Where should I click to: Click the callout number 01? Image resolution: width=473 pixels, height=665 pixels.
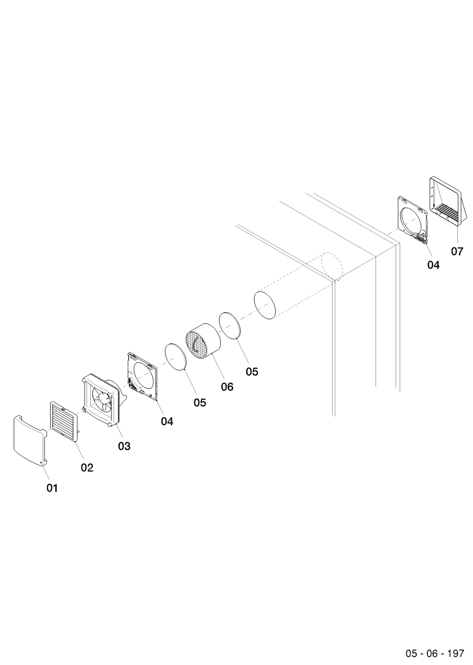pyautogui.click(x=52, y=488)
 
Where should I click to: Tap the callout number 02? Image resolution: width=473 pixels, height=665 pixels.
pyautogui.click(x=87, y=468)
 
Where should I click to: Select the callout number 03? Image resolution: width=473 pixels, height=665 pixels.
pyautogui.click(x=124, y=446)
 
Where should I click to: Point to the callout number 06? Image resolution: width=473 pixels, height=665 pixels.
pyautogui.click(x=227, y=386)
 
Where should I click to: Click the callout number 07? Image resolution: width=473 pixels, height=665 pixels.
pyautogui.click(x=457, y=252)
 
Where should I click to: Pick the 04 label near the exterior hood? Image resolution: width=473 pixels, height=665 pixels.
pyautogui.click(x=434, y=265)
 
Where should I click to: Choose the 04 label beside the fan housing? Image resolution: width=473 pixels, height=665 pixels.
pyautogui.click(x=167, y=421)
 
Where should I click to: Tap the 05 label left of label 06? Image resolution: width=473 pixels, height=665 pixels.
pyautogui.click(x=200, y=402)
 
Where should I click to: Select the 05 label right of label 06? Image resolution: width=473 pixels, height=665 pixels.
pyautogui.click(x=252, y=371)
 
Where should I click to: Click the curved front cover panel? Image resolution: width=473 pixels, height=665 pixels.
pyautogui.click(x=30, y=441)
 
